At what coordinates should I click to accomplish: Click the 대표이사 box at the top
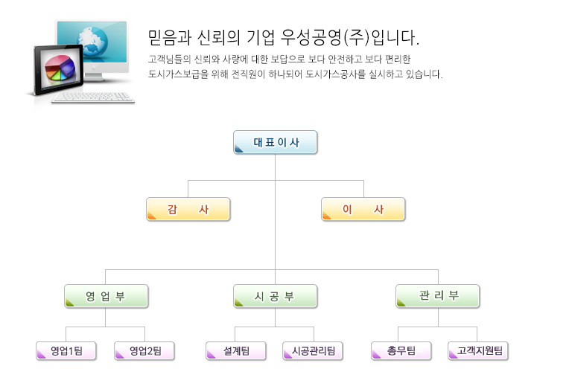275,142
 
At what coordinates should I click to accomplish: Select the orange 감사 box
188,209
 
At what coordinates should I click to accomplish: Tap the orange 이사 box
363,209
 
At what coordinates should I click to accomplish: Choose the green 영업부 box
106,296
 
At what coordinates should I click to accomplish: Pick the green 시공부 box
275,296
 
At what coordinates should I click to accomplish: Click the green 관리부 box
438,296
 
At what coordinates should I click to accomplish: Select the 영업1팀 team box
66,350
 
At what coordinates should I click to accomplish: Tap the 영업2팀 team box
144,350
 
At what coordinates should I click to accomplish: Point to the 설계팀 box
236,350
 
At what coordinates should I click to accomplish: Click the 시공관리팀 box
313,350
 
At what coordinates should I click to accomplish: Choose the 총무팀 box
401,350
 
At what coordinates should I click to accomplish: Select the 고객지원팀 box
478,350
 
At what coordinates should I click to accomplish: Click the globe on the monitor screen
92,42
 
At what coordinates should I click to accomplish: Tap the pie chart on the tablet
60,68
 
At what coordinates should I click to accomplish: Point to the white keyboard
93,98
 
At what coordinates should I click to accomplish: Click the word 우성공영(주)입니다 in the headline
351,37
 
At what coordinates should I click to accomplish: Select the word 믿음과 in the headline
170,37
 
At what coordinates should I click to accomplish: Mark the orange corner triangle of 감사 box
152,216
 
